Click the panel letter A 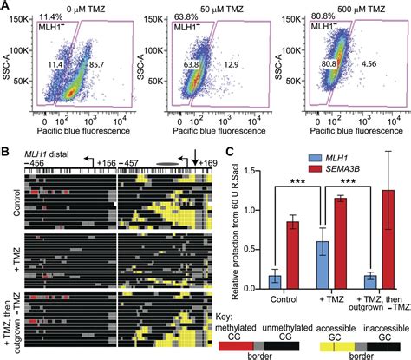(6, 7)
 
